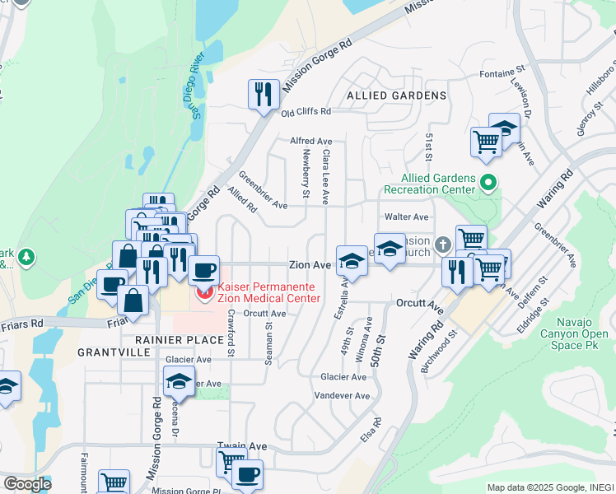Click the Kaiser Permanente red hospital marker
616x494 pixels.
(x=202, y=291)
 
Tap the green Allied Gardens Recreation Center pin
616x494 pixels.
(x=488, y=182)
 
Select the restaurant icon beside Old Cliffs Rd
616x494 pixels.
(x=263, y=94)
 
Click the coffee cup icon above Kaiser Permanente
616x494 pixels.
(x=203, y=269)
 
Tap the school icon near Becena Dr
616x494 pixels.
(x=178, y=381)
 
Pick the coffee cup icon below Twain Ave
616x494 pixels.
(x=246, y=474)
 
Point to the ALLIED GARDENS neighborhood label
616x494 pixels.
(x=396, y=96)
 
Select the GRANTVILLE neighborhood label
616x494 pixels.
(x=114, y=352)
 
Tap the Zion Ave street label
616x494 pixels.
(x=309, y=265)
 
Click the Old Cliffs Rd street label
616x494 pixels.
(x=305, y=111)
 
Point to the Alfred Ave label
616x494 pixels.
(x=310, y=141)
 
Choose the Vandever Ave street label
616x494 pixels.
(x=342, y=395)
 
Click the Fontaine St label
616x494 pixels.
(x=502, y=74)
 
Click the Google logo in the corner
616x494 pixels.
(x=26, y=484)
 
